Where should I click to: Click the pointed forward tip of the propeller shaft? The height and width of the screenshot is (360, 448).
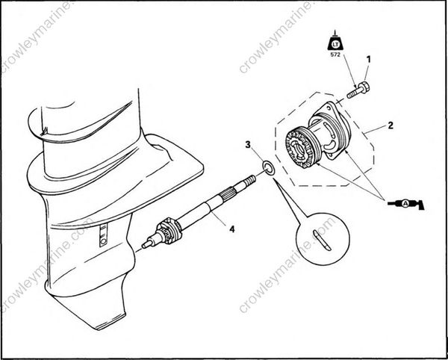coord(144,243)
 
